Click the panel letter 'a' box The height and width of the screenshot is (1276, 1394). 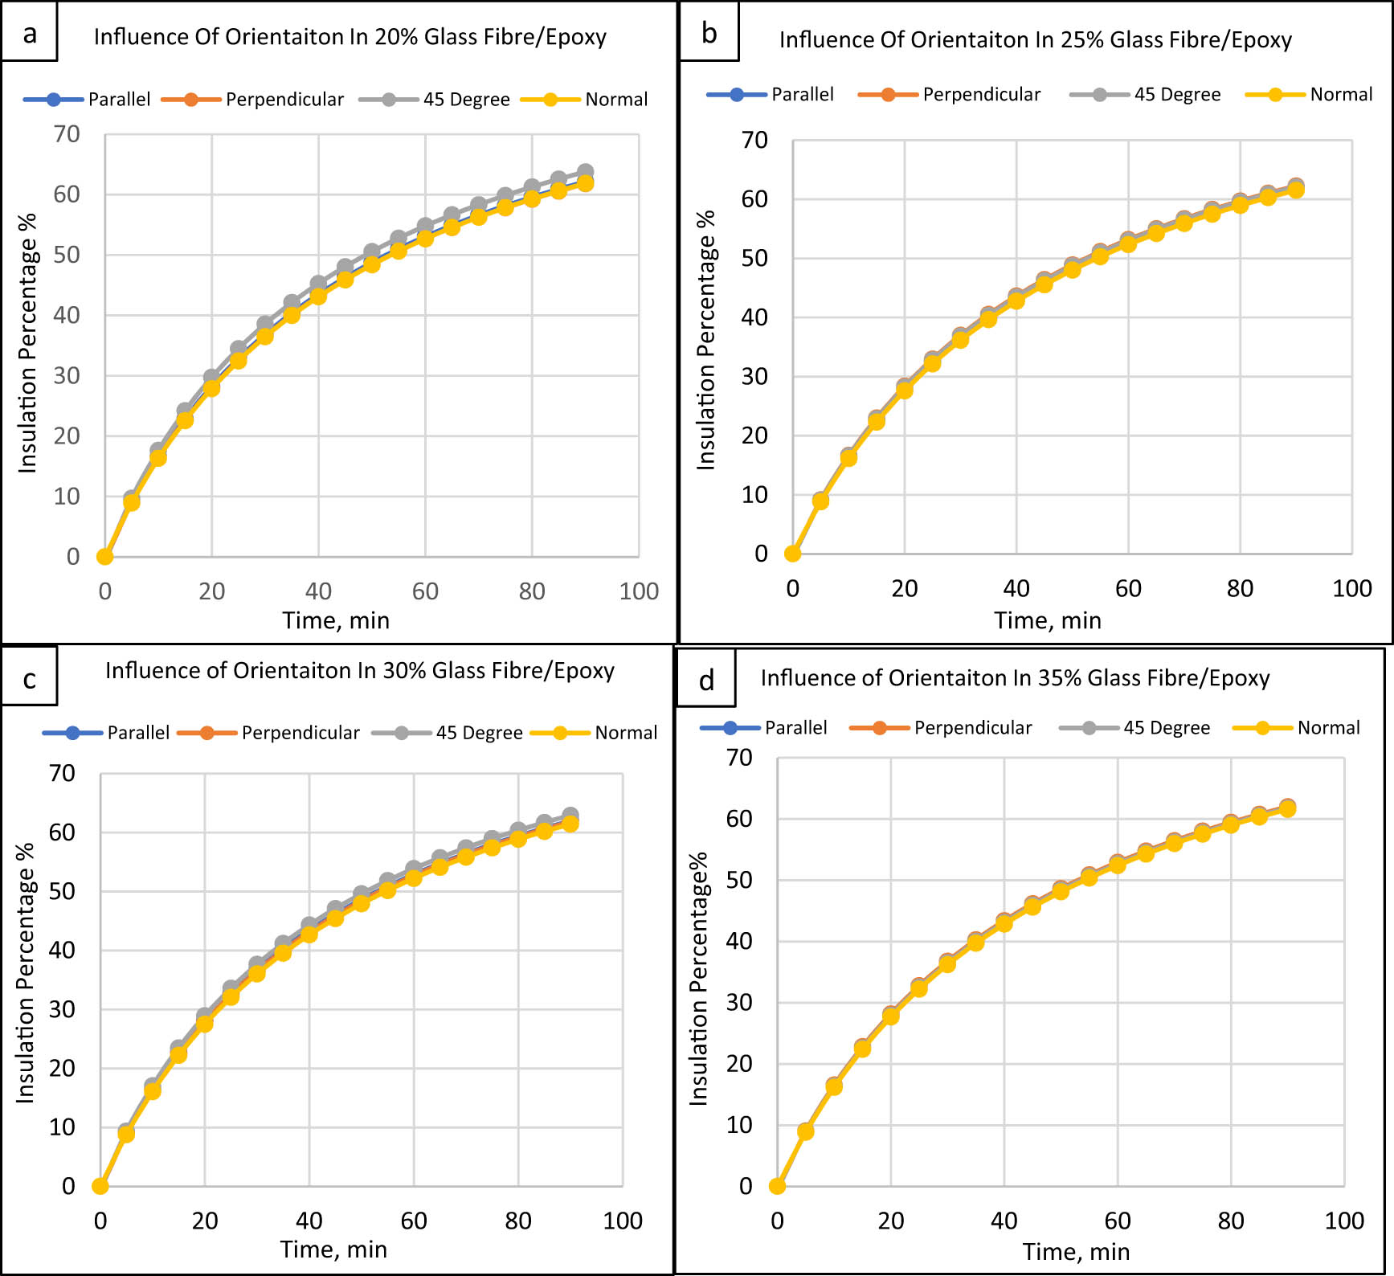click(30, 32)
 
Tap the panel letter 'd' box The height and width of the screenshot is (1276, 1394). click(706, 680)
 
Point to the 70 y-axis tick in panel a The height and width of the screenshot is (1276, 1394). click(67, 134)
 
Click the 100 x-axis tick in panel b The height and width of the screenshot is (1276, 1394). click(1351, 589)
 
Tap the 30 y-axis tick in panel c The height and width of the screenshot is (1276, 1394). click(62, 1009)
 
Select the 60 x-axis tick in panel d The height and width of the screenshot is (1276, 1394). click(1117, 1221)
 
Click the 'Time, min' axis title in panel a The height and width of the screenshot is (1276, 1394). click(336, 621)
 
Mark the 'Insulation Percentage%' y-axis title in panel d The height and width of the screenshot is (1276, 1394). click(699, 979)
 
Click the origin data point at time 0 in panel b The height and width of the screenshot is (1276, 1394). click(793, 554)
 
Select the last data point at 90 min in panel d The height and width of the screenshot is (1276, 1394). click(1287, 808)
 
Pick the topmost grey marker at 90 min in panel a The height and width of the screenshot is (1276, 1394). click(586, 172)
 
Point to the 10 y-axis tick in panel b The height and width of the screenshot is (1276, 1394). click(754, 495)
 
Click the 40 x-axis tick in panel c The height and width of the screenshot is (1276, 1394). click(309, 1221)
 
